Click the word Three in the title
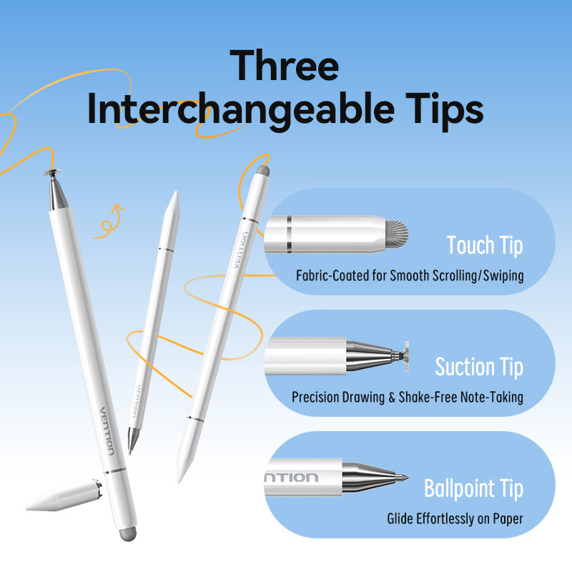(x=285, y=65)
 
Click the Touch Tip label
(x=484, y=245)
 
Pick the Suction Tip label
(x=478, y=367)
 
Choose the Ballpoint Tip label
(x=473, y=489)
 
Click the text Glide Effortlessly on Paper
(x=455, y=518)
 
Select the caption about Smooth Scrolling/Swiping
(x=410, y=275)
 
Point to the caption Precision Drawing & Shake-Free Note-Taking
(x=407, y=397)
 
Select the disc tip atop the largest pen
(x=52, y=173)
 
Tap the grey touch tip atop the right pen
(x=263, y=172)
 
